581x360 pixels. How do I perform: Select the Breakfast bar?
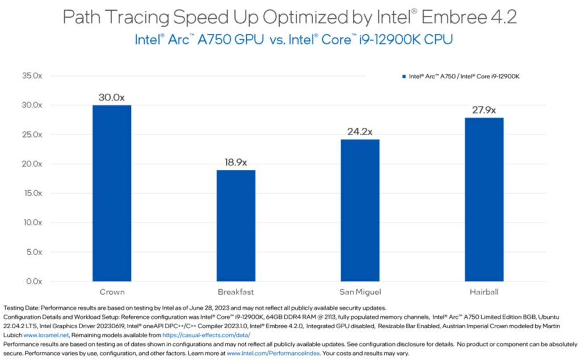(x=235, y=225)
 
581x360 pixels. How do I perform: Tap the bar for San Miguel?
(x=360, y=210)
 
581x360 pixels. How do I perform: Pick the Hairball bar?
(x=484, y=199)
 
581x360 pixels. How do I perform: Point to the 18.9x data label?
(x=235, y=162)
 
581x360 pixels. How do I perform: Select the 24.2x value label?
(x=360, y=132)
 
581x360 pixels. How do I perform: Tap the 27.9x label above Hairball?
(x=484, y=110)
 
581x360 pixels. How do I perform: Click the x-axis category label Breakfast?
(x=235, y=292)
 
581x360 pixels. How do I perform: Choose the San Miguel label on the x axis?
(x=360, y=292)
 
